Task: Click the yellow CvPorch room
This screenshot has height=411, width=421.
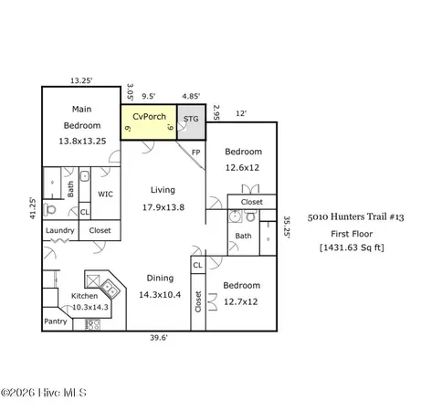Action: point(148,120)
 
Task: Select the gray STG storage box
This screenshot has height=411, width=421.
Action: point(190,120)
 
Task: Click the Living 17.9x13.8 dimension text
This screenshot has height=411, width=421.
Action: point(162,207)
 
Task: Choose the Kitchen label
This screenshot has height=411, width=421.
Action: point(84,296)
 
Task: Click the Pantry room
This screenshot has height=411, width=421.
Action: point(56,321)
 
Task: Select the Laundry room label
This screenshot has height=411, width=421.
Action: point(59,230)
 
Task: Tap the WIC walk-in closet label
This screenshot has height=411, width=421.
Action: point(105,194)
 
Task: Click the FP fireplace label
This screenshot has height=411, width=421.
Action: point(195,152)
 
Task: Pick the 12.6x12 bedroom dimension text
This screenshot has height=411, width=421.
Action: point(243,167)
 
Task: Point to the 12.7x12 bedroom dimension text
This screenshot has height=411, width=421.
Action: point(243,301)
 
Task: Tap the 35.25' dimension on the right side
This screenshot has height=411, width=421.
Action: point(287,226)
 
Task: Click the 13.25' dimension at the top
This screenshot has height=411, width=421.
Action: point(81,79)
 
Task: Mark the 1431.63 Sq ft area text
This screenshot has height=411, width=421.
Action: point(352,248)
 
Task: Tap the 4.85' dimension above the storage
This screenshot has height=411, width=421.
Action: point(191,95)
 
